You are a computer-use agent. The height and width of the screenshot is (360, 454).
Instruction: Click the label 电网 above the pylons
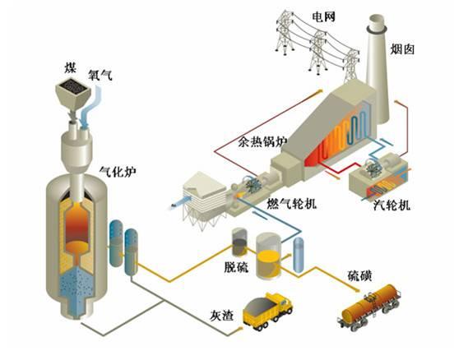(323, 16)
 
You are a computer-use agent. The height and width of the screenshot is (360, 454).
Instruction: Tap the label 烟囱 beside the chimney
(402, 49)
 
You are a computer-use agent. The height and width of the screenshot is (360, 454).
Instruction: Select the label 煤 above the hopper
(70, 68)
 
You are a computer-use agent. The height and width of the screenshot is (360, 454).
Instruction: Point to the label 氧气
(100, 76)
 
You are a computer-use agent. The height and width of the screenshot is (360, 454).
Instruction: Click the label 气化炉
(118, 172)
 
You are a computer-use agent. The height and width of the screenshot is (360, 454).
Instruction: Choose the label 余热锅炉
(262, 141)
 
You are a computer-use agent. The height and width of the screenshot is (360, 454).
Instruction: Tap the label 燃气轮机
(292, 204)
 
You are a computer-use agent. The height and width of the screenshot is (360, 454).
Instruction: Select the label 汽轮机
(391, 205)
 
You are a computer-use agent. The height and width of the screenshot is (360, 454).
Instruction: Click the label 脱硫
(236, 267)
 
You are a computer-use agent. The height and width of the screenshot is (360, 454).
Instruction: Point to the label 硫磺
(359, 276)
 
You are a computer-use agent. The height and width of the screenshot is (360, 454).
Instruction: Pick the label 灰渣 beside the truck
(221, 315)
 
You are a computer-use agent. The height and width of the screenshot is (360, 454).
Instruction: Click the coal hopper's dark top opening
(73, 85)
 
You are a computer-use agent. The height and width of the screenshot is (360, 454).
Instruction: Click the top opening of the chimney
(377, 21)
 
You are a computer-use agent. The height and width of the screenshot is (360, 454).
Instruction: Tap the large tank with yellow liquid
(268, 256)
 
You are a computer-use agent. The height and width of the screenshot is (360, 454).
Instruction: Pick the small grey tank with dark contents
(239, 242)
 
